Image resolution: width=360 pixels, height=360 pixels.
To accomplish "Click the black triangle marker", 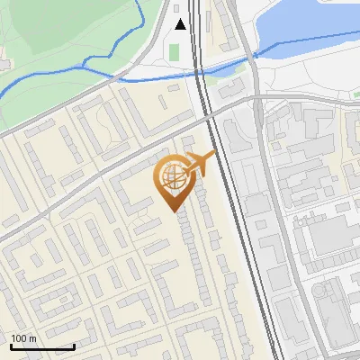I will tap(180, 24).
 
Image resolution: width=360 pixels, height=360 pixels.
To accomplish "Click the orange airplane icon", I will tap(199, 164).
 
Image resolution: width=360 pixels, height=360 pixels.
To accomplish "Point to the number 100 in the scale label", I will tap(18, 338).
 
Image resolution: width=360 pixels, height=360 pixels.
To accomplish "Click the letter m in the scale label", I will tap(31, 338).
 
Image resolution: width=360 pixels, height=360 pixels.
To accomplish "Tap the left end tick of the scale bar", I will tap(11, 346).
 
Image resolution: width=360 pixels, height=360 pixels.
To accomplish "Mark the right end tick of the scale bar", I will tap(74, 346).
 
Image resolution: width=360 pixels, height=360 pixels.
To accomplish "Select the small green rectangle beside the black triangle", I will tap(174, 51).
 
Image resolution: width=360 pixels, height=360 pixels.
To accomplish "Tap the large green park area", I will tap(54, 36).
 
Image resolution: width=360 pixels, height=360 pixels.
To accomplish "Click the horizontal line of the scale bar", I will tap(42, 347).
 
